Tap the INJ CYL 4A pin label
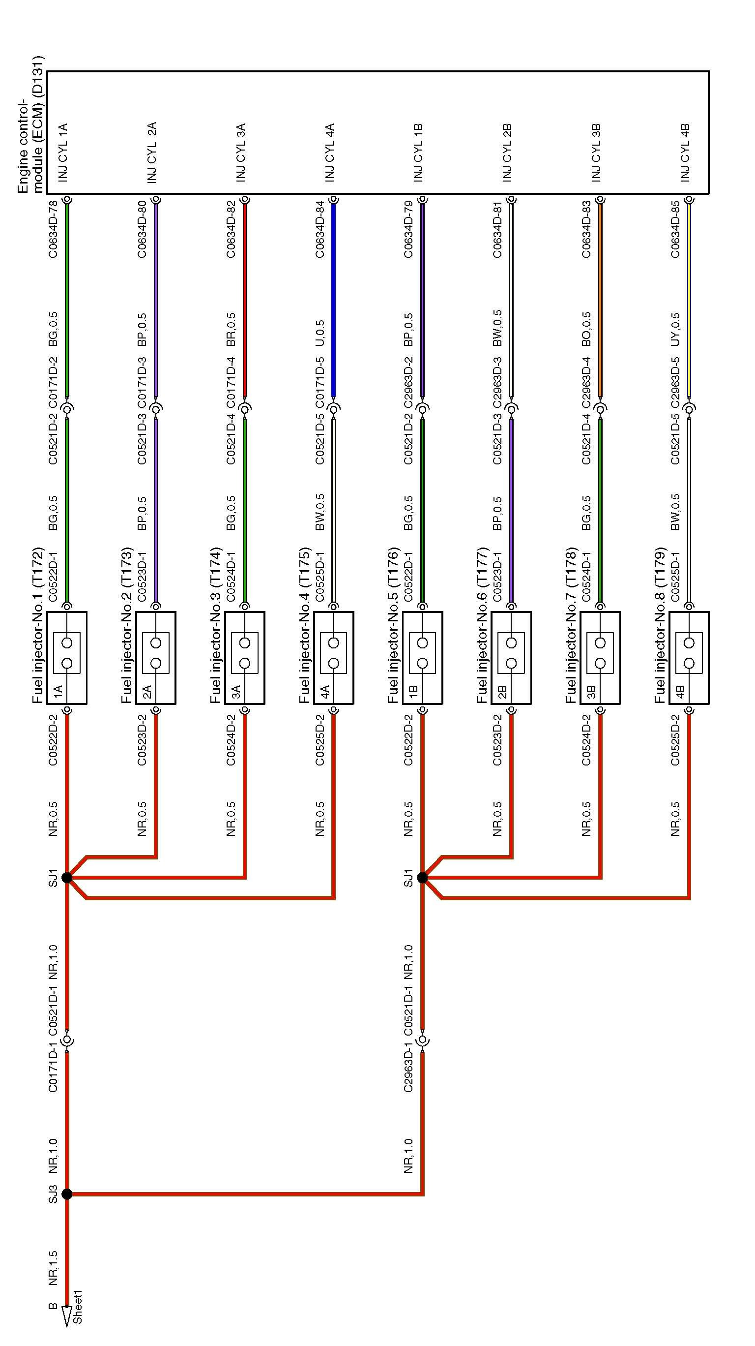click(329, 153)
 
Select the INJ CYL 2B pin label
click(507, 153)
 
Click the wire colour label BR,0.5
click(231, 330)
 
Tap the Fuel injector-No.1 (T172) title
click(38, 624)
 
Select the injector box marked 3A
click(244, 658)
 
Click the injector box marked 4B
click(689, 658)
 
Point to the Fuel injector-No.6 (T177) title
click(483, 624)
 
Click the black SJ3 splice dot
click(67, 1194)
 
